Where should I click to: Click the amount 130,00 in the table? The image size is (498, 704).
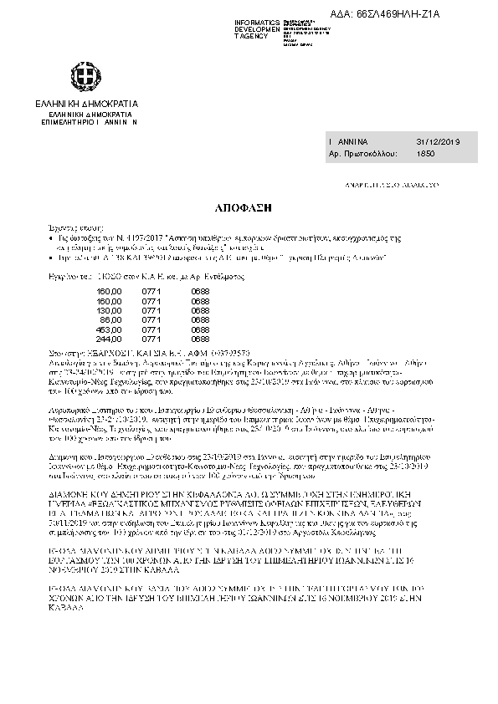(x=110, y=309)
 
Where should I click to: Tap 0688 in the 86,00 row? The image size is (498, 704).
(x=200, y=318)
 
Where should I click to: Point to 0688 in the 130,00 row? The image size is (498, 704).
(x=200, y=309)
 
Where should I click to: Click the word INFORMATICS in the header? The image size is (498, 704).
(x=257, y=20)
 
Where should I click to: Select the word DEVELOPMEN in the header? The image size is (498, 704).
(x=257, y=28)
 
